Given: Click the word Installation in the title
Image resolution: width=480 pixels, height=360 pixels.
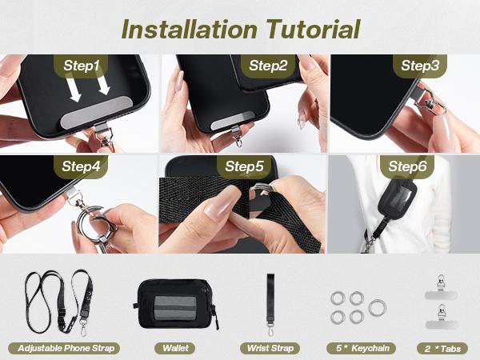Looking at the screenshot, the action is [x=189, y=29].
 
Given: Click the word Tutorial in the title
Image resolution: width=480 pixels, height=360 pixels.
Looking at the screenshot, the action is [x=313, y=29].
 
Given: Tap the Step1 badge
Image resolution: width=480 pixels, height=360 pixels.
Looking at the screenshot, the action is [x=81, y=66].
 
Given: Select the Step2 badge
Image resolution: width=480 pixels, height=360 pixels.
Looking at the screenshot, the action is [x=268, y=66].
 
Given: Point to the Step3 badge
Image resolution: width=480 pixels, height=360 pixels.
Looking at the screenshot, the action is [x=420, y=66].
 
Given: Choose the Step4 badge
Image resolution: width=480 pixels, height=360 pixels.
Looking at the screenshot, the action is [x=81, y=166].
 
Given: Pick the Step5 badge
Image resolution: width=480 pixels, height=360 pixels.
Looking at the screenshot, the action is [x=244, y=166].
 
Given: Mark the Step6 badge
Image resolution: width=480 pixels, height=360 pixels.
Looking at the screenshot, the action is [x=407, y=166].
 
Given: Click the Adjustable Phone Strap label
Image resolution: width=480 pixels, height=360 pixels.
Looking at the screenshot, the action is [x=64, y=348].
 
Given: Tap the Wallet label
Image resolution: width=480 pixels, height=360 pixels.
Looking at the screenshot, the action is [x=176, y=348].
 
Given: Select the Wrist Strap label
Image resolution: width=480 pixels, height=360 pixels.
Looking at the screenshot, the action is [x=270, y=348].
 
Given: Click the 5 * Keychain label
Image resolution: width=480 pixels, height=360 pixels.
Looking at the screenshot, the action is [x=362, y=348].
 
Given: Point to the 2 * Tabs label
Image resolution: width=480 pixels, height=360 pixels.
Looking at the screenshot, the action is [x=442, y=348].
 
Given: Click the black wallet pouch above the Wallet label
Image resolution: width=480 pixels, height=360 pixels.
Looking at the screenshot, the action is [x=176, y=304].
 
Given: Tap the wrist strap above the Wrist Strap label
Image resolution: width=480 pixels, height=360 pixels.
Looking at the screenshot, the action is [x=270, y=304].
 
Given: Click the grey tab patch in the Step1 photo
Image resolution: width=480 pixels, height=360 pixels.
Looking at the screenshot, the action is [x=97, y=112].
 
